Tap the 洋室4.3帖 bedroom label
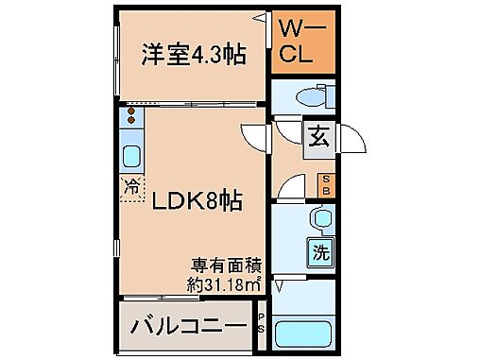point(193,54)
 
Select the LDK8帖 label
point(195,200)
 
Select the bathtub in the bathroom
point(306,334)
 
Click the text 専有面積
point(226,265)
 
